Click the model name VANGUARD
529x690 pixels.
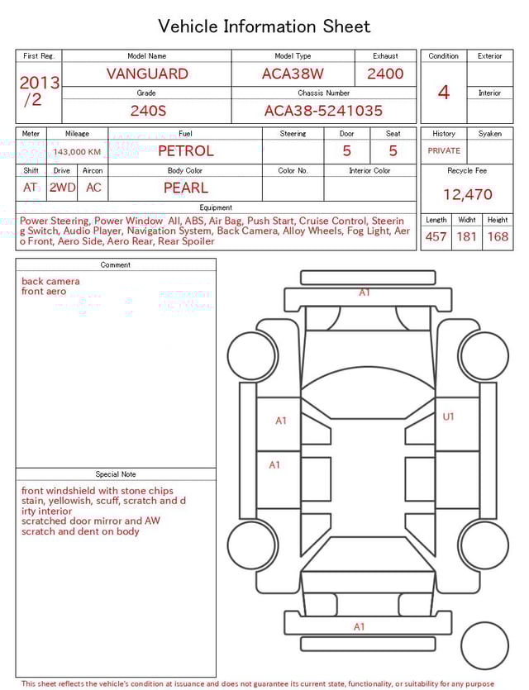pyautogui.click(x=147, y=74)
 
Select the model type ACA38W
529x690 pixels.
pyautogui.click(x=293, y=74)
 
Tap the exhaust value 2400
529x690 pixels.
pyautogui.click(x=385, y=74)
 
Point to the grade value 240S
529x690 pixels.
pyautogui.click(x=146, y=110)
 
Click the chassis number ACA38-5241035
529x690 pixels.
pyautogui.click(x=323, y=110)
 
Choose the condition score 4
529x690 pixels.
pyautogui.click(x=444, y=92)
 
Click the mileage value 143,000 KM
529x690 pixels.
pyautogui.click(x=77, y=152)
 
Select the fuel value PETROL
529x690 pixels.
pyautogui.click(x=185, y=151)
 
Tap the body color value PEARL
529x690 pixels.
pyautogui.click(x=185, y=188)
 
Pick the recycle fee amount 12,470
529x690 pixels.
pyautogui.click(x=467, y=194)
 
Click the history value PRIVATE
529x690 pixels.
pyautogui.click(x=444, y=151)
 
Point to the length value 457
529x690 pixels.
pyautogui.click(x=436, y=237)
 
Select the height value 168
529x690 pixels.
pyautogui.click(x=498, y=237)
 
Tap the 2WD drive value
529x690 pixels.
pyautogui.click(x=62, y=188)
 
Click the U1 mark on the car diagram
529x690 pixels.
pyautogui.click(x=449, y=416)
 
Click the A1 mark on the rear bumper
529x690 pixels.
pyautogui.click(x=360, y=626)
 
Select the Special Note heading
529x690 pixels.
pyautogui.click(x=116, y=474)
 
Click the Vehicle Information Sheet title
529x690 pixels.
pyautogui.click(x=264, y=26)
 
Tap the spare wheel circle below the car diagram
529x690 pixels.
pyautogui.click(x=484, y=645)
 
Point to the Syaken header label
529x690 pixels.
pyautogui.click(x=490, y=133)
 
